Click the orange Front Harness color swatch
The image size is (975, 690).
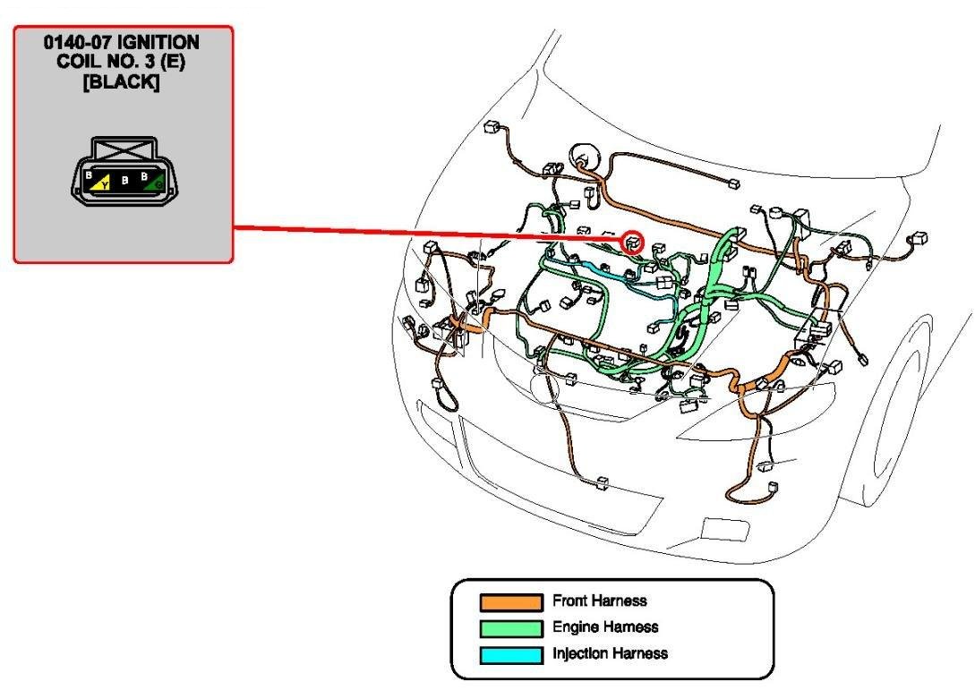point(510,601)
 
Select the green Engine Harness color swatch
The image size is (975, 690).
point(510,628)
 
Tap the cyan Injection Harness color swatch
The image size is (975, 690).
point(510,655)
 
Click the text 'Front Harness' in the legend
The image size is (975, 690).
point(599,601)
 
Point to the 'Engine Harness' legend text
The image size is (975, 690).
point(605,627)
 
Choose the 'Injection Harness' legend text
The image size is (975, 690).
point(610,653)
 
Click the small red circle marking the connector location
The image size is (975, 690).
point(633,240)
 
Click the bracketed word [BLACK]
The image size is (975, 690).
point(124,76)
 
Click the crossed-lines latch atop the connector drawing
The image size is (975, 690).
point(124,147)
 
